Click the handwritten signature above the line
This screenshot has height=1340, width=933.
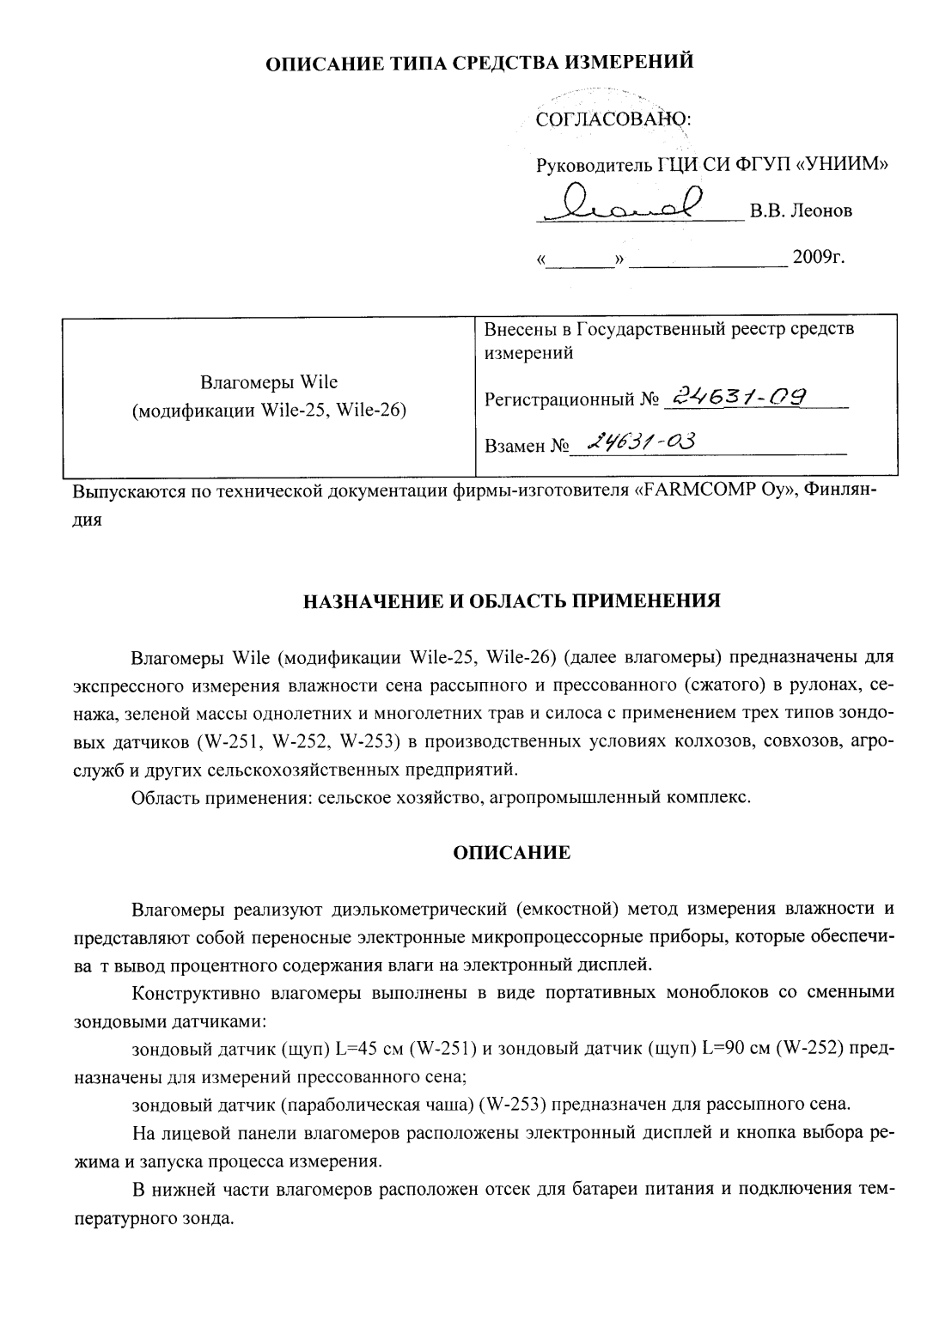click(627, 203)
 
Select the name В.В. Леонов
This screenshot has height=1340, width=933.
click(801, 210)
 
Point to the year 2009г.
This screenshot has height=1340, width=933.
click(820, 257)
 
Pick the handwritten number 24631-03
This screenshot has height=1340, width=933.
click(639, 442)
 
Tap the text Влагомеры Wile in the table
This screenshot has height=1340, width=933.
click(269, 382)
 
